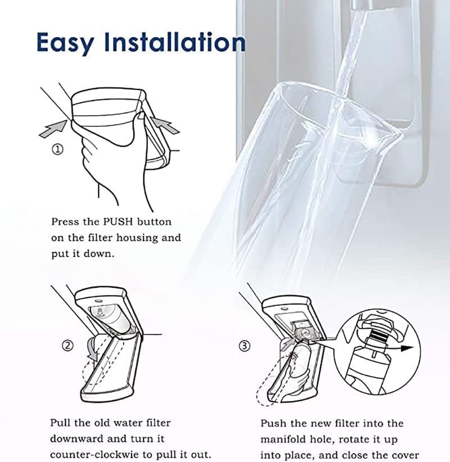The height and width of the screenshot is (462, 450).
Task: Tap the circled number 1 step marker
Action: pyautogui.click(x=58, y=150)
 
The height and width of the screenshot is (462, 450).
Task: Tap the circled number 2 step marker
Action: pyautogui.click(x=67, y=346)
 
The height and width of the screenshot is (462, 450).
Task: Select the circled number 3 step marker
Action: pyautogui.click(x=244, y=346)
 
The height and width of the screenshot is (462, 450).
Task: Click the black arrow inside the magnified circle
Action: pyautogui.click(x=406, y=347)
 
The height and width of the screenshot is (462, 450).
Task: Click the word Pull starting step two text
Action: pyautogui.click(x=60, y=422)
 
